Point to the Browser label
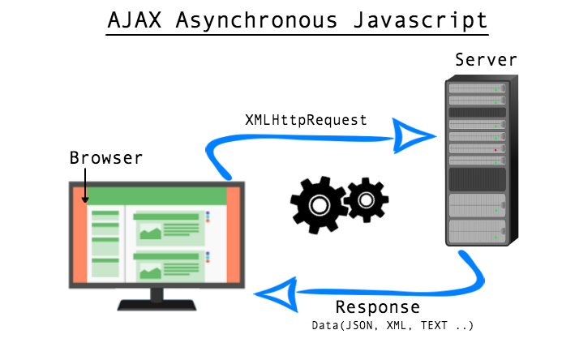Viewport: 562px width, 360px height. [106, 157]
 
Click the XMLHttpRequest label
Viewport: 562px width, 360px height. [306, 120]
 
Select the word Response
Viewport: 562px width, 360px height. [377, 308]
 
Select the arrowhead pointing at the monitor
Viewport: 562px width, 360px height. [274, 298]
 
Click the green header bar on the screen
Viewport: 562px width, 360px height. [157, 195]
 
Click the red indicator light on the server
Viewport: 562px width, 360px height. [495, 150]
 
